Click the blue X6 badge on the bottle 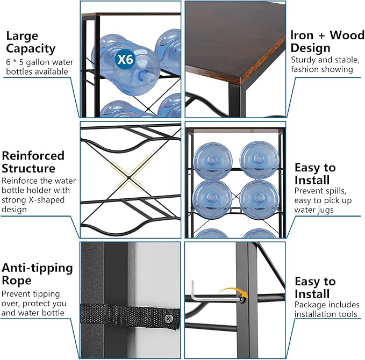click(x=125, y=60)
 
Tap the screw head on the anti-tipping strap click(x=168, y=318)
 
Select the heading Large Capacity click(x=31, y=42)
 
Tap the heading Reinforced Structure click(x=33, y=162)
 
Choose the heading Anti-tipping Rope click(x=37, y=274)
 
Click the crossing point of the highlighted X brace click(x=128, y=178)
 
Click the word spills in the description click(x=333, y=191)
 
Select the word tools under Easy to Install click(x=348, y=314)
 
